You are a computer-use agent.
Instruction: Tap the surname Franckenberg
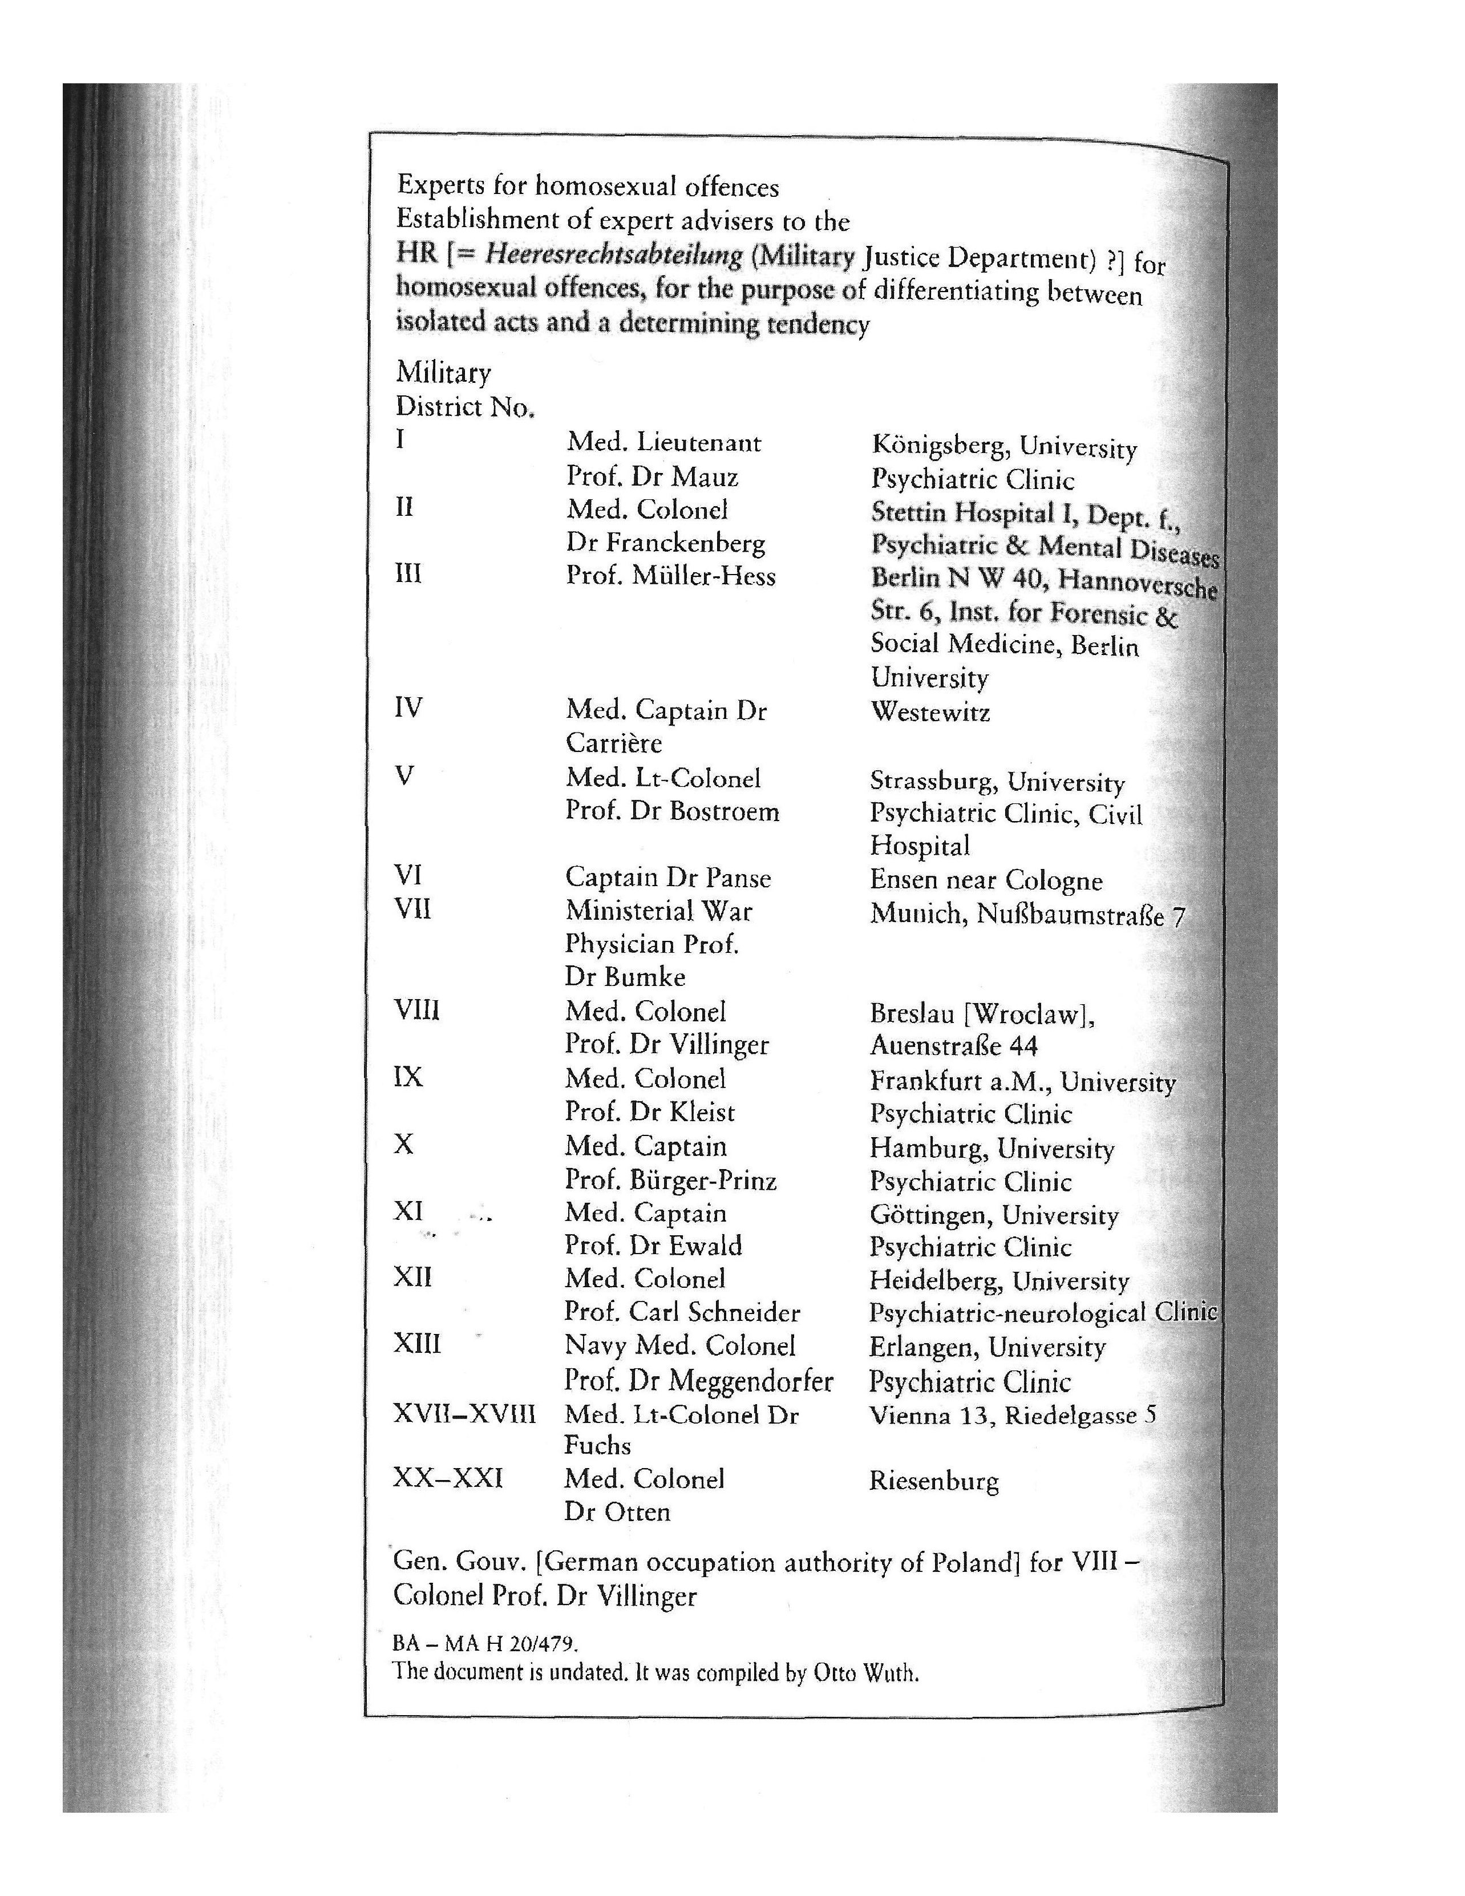pos(686,543)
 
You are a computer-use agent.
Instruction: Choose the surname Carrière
pos(614,743)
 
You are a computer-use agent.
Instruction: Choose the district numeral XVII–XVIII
pos(464,1414)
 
